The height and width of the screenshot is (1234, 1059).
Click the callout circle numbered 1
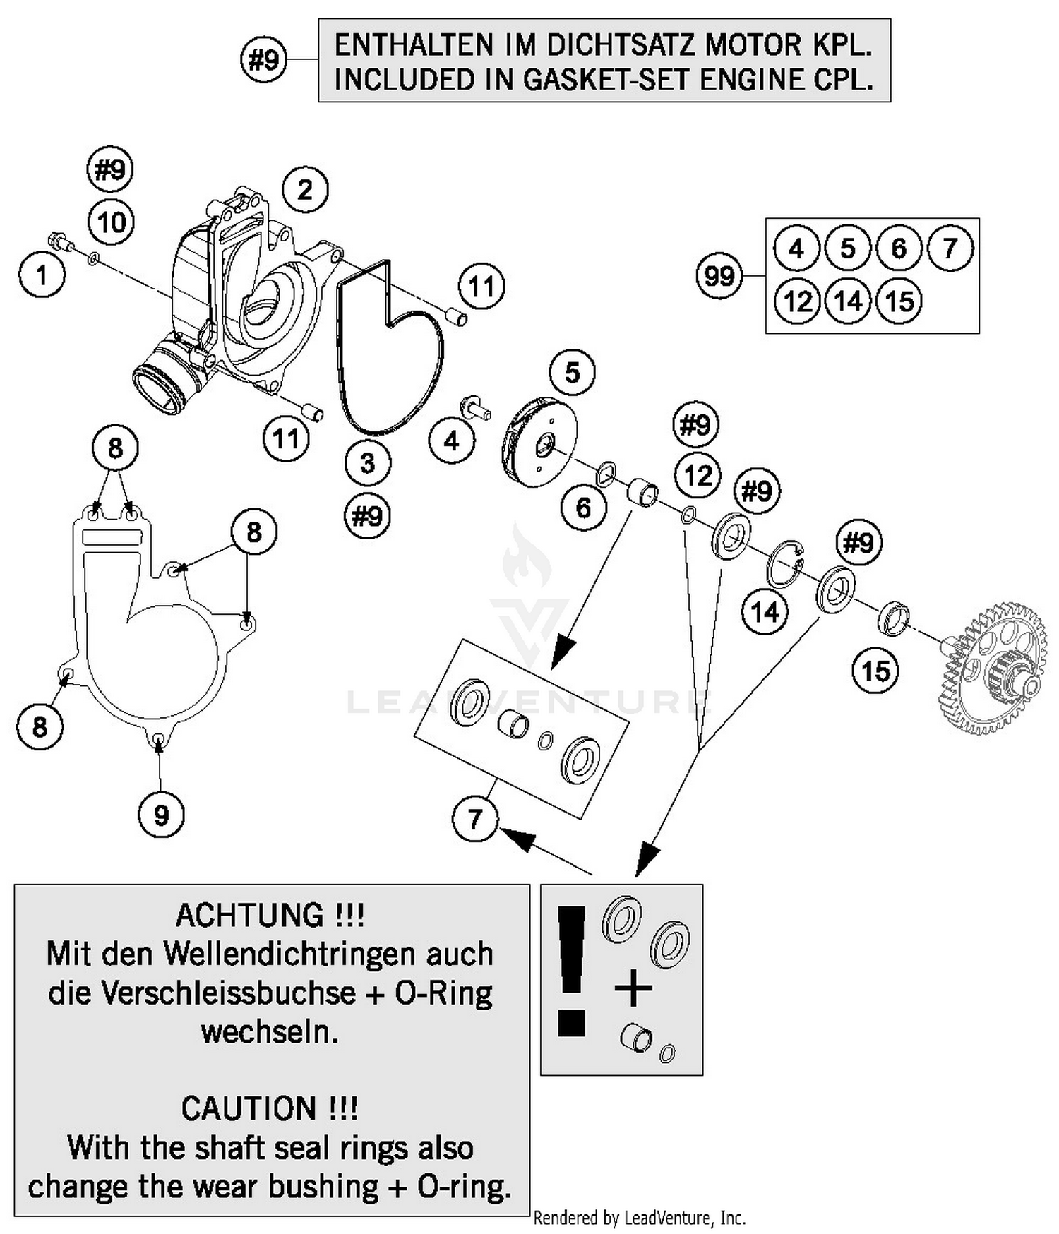pos(42,275)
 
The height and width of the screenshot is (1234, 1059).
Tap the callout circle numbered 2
pos(305,190)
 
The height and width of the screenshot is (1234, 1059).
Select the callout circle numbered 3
pos(368,464)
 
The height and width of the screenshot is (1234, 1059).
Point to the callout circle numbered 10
pos(112,223)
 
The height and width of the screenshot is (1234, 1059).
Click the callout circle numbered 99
pos(719,275)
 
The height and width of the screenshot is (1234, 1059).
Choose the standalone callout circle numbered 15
pos(876,671)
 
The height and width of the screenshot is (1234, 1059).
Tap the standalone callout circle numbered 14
pos(765,611)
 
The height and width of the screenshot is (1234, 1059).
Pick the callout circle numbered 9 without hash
pos(161,815)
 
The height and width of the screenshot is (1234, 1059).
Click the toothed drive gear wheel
pos(992,668)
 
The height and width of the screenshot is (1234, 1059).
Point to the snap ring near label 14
pos(786,563)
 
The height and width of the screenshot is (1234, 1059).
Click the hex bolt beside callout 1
pos(61,242)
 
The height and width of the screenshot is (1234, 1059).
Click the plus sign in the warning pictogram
pos(633,988)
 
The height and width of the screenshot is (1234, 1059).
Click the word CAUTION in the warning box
pos(249,1108)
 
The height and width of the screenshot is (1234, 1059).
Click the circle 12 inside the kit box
pos(797,301)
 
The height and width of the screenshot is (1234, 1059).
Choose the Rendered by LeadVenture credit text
pos(639,1218)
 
